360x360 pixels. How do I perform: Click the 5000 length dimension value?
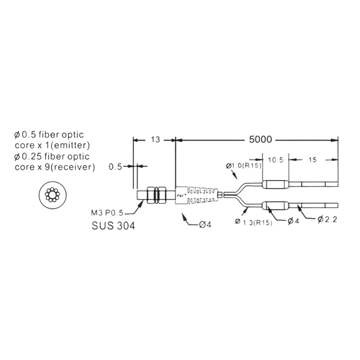260,139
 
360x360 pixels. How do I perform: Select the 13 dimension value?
155,140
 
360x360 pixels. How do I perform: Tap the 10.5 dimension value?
275,160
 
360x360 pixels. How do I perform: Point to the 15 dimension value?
312,159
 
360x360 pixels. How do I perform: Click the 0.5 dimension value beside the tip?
115,167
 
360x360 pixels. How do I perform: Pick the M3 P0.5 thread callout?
107,213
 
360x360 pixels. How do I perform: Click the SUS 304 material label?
113,226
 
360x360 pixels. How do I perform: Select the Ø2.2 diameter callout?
327,220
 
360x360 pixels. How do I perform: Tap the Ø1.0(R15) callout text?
244,166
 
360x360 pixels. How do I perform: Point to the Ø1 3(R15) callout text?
254,222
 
